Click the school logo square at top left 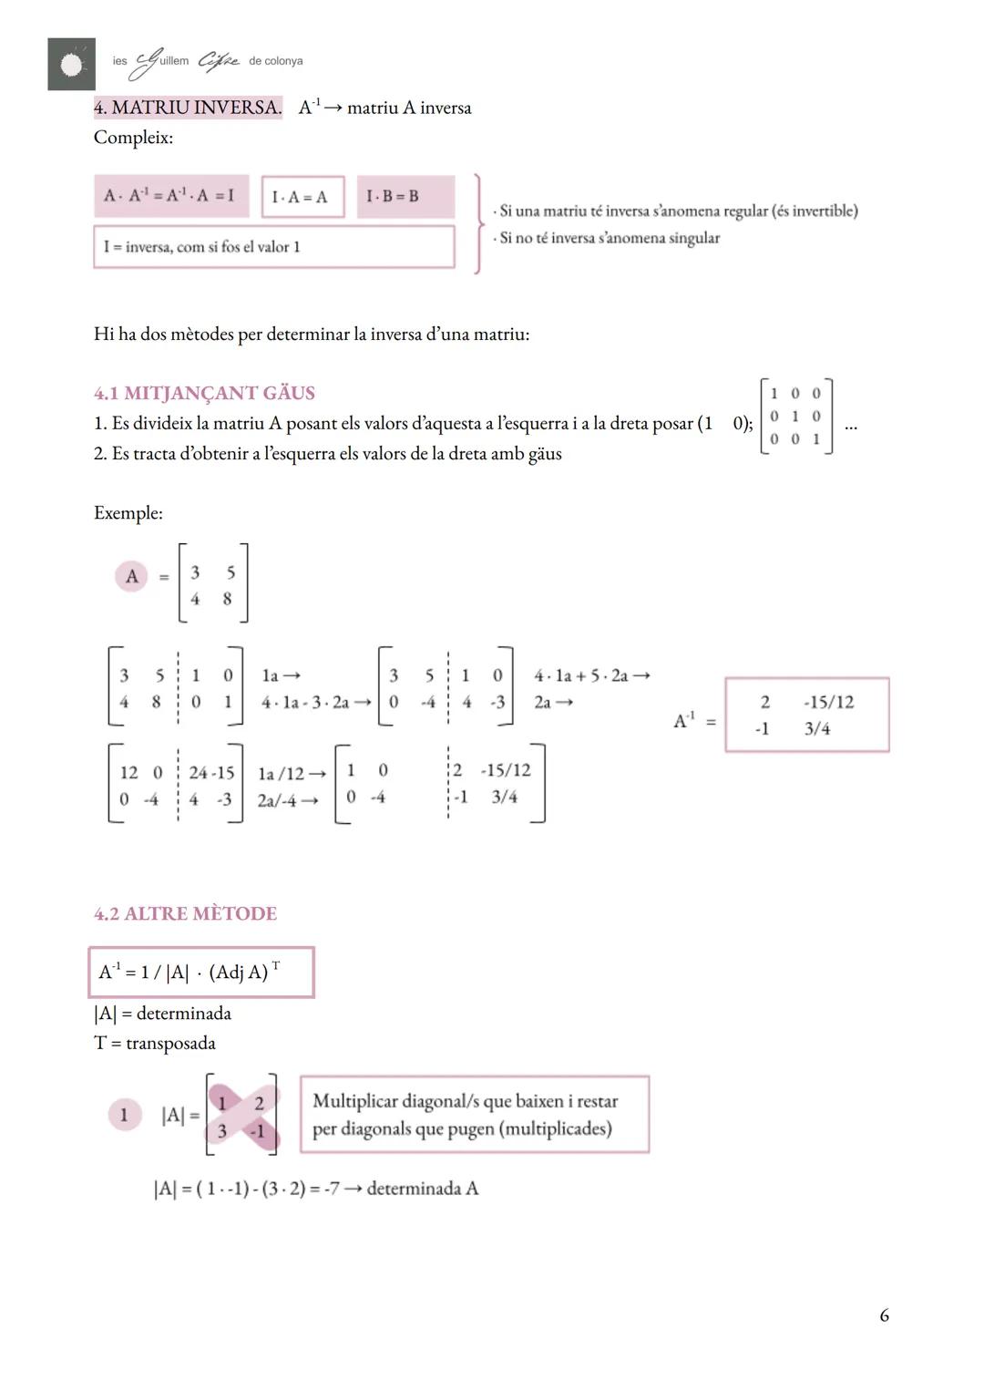(x=71, y=64)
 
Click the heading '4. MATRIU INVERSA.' (x=188, y=108)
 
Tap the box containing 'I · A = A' (x=302, y=197)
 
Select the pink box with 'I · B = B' (x=405, y=197)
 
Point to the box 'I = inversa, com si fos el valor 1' (x=273, y=247)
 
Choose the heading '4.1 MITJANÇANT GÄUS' (x=204, y=393)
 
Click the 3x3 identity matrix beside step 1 (x=795, y=417)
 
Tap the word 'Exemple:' (x=128, y=513)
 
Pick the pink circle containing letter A (x=131, y=576)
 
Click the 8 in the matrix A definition (x=227, y=599)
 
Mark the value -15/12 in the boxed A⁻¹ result (x=829, y=702)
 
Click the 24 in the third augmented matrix (x=198, y=773)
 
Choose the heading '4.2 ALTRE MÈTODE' (x=185, y=913)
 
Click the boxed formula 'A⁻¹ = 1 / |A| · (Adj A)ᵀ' (x=201, y=973)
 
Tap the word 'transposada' (x=170, y=1043)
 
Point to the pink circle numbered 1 (x=125, y=1115)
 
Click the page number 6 (x=884, y=1315)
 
